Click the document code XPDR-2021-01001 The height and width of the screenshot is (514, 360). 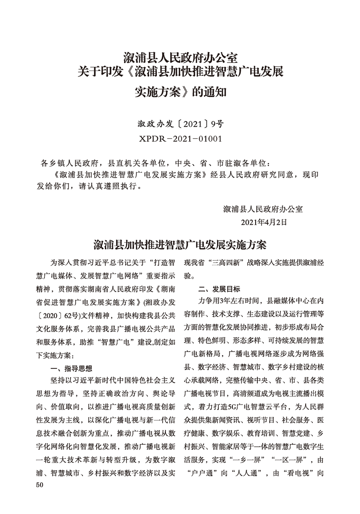(180, 139)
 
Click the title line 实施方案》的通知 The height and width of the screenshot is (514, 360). (180, 91)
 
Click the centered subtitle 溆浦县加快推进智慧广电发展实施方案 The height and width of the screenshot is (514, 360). (180, 245)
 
